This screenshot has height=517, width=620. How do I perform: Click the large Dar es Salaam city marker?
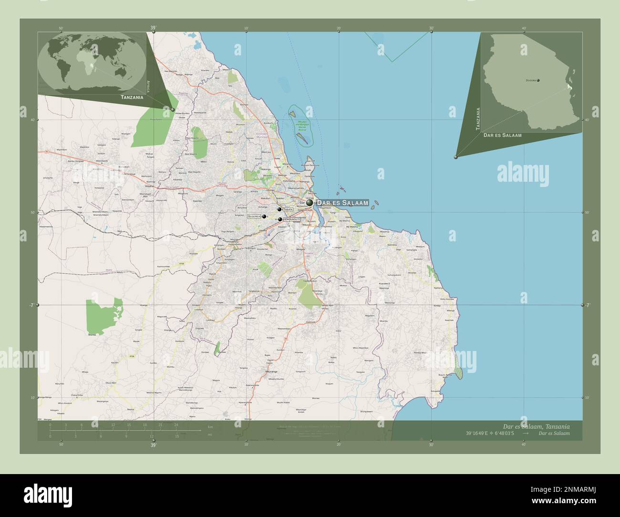[x=310, y=203]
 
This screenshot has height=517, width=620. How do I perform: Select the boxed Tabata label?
[x=288, y=209]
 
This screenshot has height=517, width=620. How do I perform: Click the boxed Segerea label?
[x=254, y=216]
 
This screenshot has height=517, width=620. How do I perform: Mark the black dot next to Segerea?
[x=263, y=216]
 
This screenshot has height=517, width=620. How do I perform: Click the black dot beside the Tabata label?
[x=279, y=209]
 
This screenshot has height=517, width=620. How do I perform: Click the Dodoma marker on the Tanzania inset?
[x=538, y=81]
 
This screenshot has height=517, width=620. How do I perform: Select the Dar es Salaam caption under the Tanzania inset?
[x=502, y=135]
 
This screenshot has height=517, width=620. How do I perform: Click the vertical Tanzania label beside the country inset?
[x=478, y=118]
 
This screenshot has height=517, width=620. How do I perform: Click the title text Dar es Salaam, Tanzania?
[x=536, y=426]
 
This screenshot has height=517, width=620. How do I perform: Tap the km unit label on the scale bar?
[x=210, y=426]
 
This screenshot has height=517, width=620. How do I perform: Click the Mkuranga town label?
[x=270, y=370]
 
